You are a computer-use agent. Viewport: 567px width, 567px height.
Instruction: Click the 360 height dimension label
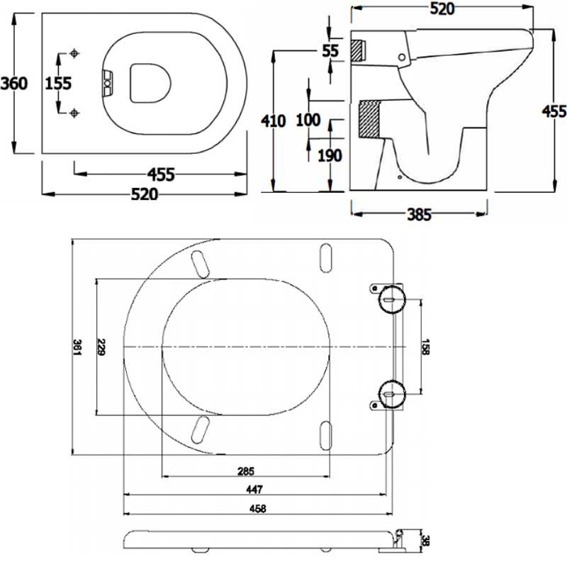[x=14, y=83]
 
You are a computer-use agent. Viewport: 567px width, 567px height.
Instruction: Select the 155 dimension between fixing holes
[x=58, y=83]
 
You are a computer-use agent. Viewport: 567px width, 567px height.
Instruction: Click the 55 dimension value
[x=330, y=50]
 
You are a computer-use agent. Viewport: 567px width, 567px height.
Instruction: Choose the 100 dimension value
[x=308, y=120]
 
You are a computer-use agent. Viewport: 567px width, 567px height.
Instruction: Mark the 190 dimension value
[x=330, y=155]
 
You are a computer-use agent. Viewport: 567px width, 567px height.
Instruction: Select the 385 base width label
[x=419, y=215]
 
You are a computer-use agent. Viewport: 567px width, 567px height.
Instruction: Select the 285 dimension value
[x=245, y=471]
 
